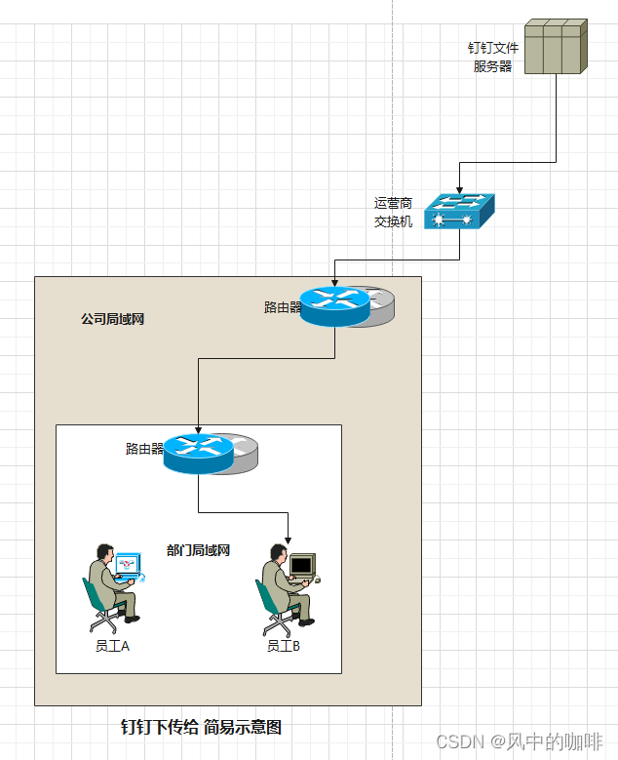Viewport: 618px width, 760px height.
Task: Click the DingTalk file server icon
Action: click(x=556, y=46)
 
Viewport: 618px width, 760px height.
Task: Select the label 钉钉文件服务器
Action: click(x=493, y=57)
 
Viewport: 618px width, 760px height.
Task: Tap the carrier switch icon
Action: click(x=459, y=212)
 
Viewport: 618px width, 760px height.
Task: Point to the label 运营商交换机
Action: click(x=393, y=213)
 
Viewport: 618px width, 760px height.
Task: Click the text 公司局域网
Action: click(x=112, y=319)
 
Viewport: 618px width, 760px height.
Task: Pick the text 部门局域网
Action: click(x=198, y=550)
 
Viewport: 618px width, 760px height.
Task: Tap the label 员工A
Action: click(x=112, y=646)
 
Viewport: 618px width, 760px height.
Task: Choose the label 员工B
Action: click(x=284, y=646)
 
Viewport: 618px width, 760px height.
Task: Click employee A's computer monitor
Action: click(x=127, y=565)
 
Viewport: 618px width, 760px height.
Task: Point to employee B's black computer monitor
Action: click(x=302, y=565)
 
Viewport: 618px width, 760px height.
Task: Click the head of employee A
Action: click(x=101, y=552)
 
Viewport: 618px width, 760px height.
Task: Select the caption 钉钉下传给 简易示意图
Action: click(x=201, y=727)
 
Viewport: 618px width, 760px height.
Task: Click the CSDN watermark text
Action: click(x=519, y=741)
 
